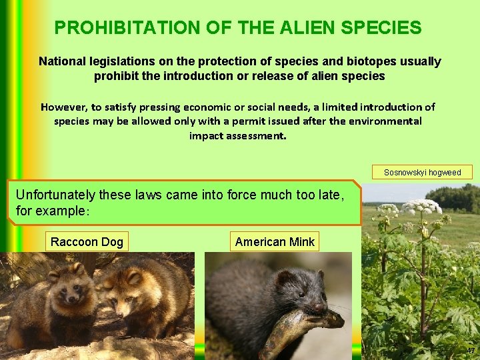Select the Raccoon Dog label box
[x=87, y=241]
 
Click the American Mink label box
[x=275, y=241]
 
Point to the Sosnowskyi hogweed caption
[x=422, y=173]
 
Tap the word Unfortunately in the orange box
[x=56, y=195]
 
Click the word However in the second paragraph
[x=64, y=107]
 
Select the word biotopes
[x=329, y=61]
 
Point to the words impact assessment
[x=238, y=135]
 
